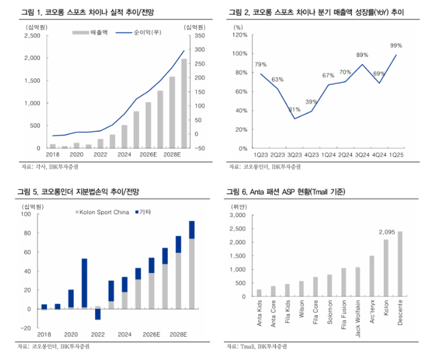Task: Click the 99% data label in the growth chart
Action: (x=396, y=45)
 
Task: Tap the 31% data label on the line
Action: (x=294, y=110)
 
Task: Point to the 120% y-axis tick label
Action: (x=240, y=36)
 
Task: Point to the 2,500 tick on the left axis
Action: (x=31, y=36)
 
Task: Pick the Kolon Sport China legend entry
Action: (x=101, y=212)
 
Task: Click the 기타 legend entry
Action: (x=143, y=212)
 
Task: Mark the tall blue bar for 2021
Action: (x=84, y=283)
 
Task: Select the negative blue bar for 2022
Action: (x=98, y=313)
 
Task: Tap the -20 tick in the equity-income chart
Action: (x=30, y=328)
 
